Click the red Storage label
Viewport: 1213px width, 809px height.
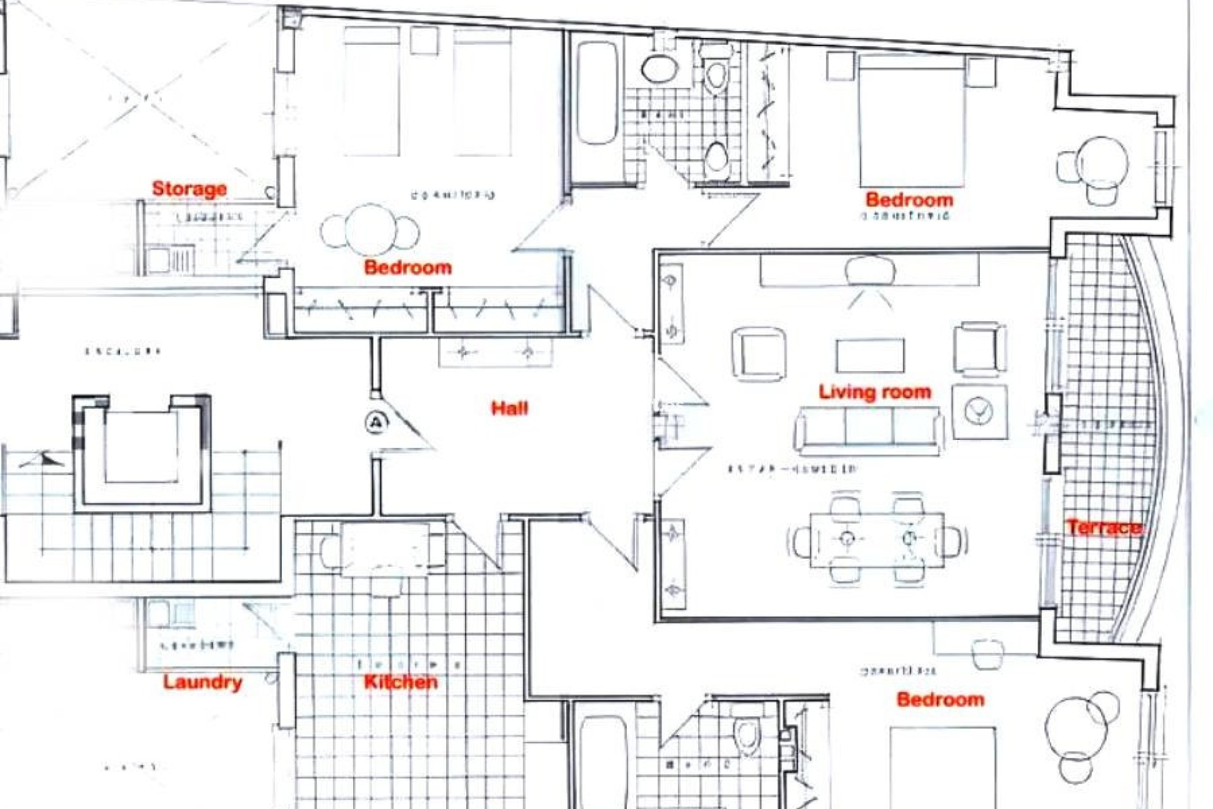click(x=189, y=188)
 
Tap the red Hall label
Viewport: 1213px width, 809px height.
click(x=509, y=408)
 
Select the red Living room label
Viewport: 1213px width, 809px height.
click(x=874, y=392)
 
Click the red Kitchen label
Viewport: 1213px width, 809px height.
click(x=401, y=681)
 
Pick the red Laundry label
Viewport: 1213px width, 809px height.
click(x=202, y=682)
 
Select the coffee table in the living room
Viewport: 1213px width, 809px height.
click(x=870, y=356)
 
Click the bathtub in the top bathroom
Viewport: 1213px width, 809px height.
click(x=596, y=94)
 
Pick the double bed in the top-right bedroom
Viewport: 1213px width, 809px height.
click(x=912, y=120)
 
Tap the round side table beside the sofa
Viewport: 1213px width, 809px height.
click(x=979, y=411)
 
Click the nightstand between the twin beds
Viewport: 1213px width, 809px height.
click(x=424, y=40)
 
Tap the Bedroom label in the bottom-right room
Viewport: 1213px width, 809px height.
click(x=940, y=700)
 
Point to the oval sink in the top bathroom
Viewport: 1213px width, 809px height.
click(x=657, y=68)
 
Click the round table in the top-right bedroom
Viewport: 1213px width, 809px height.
click(x=1102, y=161)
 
